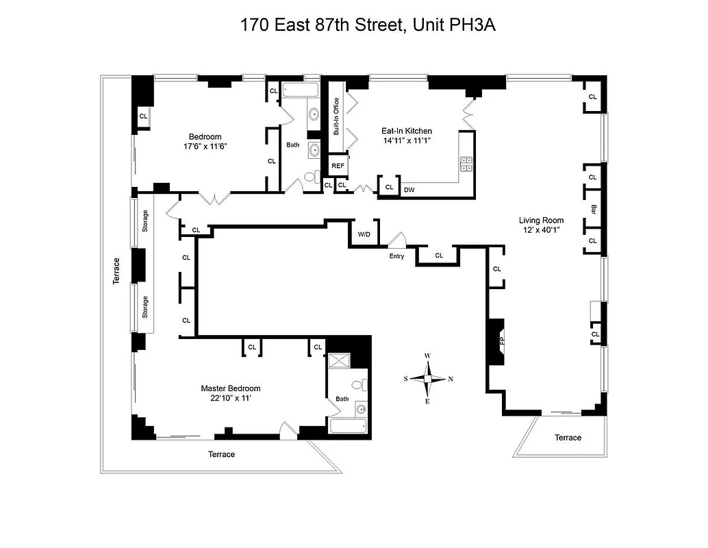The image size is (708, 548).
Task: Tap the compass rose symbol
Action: (x=427, y=378)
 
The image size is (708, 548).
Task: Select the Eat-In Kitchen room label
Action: (x=406, y=131)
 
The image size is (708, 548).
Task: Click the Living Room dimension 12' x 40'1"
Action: (x=541, y=231)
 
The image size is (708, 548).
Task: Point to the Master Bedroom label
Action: (x=230, y=388)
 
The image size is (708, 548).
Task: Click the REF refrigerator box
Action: (x=338, y=166)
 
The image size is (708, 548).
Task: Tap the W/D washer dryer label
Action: (x=364, y=235)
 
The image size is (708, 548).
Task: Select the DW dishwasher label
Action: (x=409, y=190)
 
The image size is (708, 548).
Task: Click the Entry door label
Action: (x=396, y=256)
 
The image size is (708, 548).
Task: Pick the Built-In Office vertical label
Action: (x=336, y=116)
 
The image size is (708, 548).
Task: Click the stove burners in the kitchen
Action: (x=466, y=163)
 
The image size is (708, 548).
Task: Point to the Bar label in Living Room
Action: (x=594, y=209)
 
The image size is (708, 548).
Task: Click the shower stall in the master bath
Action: (x=339, y=362)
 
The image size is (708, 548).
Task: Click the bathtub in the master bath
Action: (x=349, y=426)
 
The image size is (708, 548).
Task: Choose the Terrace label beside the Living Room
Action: (x=568, y=438)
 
